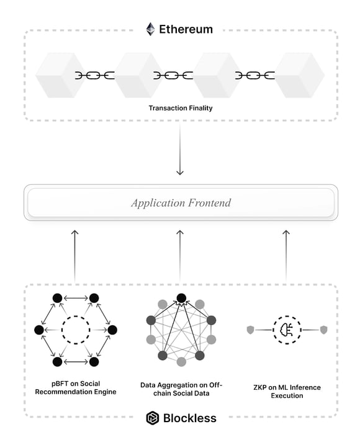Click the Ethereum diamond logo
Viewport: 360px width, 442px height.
coord(151,29)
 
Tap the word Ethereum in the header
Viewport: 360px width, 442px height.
coord(186,29)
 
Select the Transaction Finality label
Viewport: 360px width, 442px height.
coord(181,108)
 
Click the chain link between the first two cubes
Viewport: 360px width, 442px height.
coord(95,75)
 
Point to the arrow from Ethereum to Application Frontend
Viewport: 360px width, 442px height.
coord(180,150)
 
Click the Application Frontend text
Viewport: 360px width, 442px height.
coord(181,202)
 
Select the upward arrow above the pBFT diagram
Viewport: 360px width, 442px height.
coord(74,256)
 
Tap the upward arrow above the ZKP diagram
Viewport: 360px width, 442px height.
coord(286,256)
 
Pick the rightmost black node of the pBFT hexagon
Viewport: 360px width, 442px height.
coord(112,330)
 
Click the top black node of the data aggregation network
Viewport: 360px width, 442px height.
coord(181,298)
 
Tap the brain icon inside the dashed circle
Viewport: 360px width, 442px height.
coord(286,330)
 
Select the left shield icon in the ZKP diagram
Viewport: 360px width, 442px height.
coord(250,330)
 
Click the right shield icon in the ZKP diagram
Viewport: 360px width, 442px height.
coord(323,330)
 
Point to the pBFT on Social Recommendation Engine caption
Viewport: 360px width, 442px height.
coord(76,387)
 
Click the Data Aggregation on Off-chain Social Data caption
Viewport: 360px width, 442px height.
coord(181,389)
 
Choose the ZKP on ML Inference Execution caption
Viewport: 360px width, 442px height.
coord(287,392)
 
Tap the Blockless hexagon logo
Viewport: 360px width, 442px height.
coord(153,418)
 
